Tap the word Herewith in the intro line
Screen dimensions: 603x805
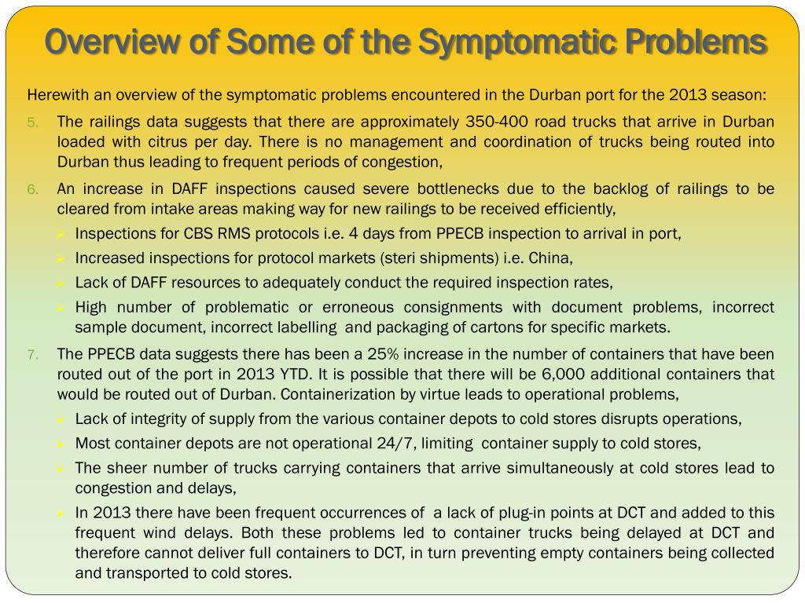pos(57,96)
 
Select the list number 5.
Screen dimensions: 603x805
pos(32,122)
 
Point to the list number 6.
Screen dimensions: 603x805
pos(32,189)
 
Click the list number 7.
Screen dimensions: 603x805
pos(32,355)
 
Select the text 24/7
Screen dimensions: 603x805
pos(396,443)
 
